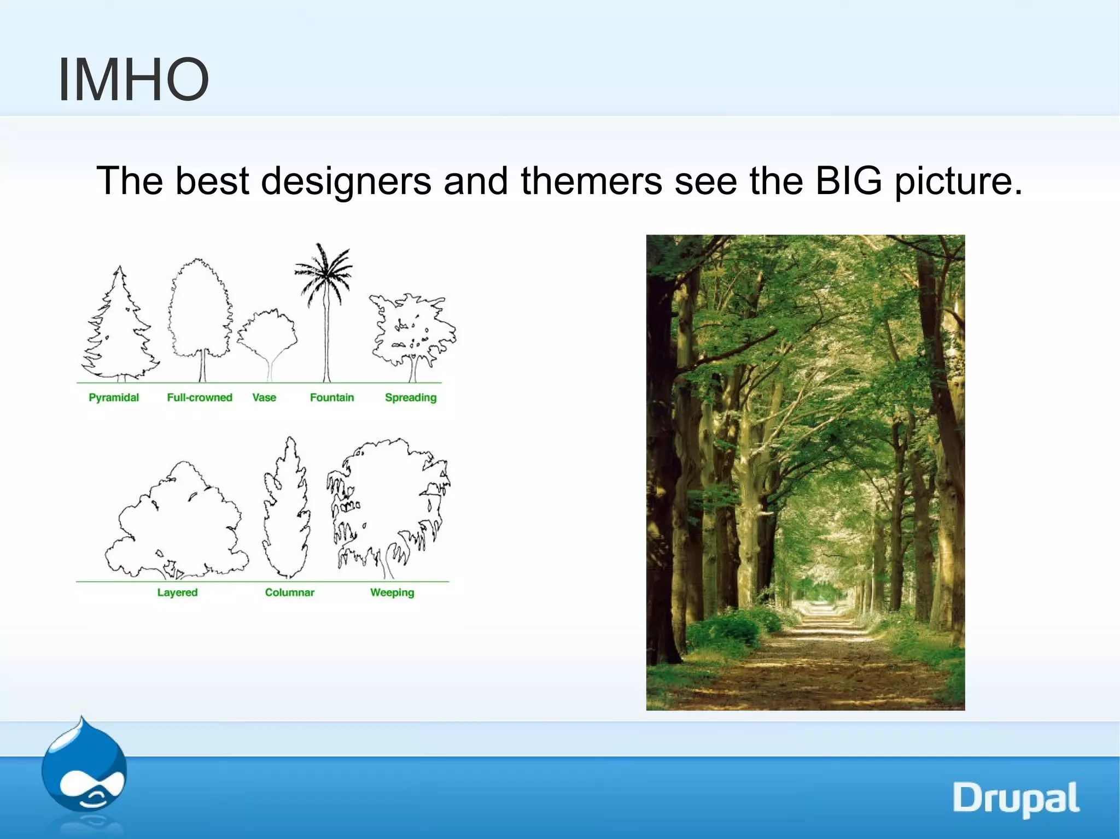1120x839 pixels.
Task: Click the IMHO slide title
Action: [133, 80]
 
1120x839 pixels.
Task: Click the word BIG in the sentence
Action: [848, 180]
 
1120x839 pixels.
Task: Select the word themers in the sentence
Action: [591, 180]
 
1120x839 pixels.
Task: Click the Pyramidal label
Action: [114, 397]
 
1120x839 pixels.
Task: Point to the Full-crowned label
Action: [200, 397]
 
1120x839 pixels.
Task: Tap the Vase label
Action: [264, 397]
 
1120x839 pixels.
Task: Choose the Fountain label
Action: [332, 397]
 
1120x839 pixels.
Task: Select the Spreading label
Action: [411, 397]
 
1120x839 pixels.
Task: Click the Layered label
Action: [177, 592]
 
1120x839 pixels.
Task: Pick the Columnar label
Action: [290, 592]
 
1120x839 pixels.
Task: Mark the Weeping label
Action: [392, 592]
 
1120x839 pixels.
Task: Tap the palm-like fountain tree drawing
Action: [325, 306]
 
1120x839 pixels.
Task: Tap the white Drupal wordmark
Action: [1016, 799]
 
